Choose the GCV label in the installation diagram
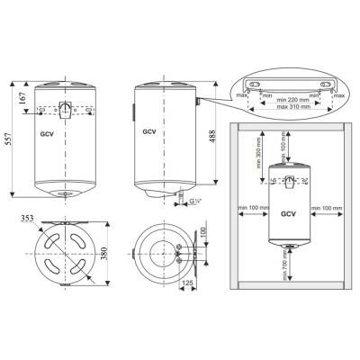pyautogui.click(x=288, y=215)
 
